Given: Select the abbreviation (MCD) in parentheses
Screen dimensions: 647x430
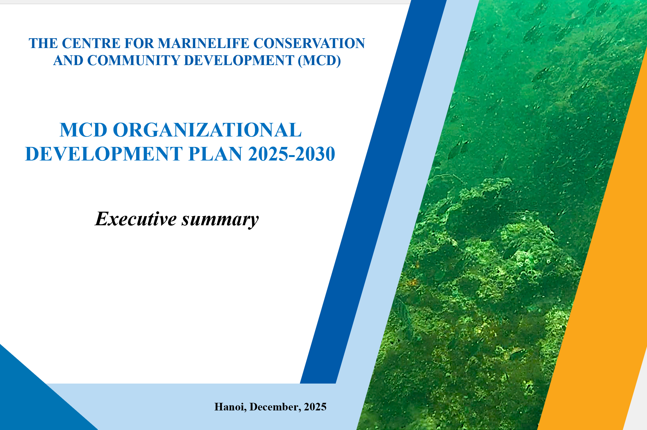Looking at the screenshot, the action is tap(319, 61).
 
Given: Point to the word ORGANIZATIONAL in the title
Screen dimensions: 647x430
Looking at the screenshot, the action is tap(207, 130).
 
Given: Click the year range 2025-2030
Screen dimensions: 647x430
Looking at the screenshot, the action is tap(292, 154).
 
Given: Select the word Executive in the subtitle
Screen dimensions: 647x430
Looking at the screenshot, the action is tap(136, 219).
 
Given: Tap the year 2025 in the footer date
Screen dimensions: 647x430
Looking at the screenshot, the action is tap(315, 407).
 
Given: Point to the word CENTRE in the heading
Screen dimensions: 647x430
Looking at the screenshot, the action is tap(91, 43).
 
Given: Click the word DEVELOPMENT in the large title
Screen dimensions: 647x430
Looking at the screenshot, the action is tap(104, 154).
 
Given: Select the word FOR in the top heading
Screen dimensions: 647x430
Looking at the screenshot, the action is tap(139, 43).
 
